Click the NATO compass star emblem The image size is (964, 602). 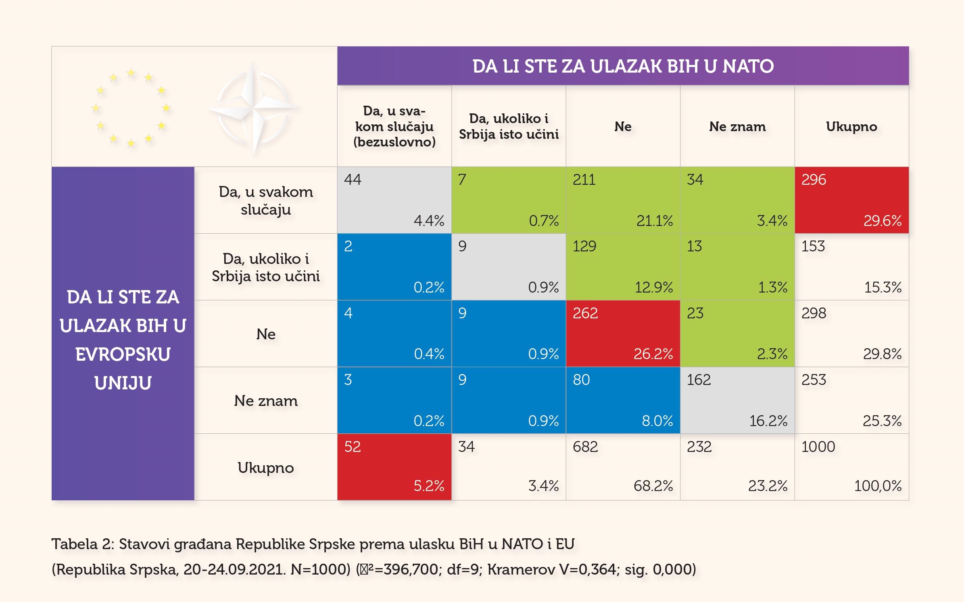tap(253, 108)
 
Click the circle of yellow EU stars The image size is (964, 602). tap(131, 108)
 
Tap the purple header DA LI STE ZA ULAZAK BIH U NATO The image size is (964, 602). tap(623, 66)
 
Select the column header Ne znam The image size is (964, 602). tap(737, 127)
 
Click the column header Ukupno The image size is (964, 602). tap(851, 127)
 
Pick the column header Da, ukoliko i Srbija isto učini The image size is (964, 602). tap(509, 126)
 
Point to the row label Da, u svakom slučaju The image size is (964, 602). tap(266, 201)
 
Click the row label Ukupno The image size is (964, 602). tap(266, 468)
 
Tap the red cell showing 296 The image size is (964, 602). tap(851, 200)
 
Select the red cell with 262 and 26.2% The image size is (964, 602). tap(623, 334)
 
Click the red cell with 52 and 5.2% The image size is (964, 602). tap(394, 467)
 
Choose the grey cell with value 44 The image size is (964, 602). tap(394, 200)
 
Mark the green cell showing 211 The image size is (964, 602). tap(623, 200)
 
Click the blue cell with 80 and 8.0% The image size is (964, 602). tap(623, 400)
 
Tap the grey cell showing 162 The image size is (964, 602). tap(737, 400)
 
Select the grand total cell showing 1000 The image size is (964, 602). tap(851, 467)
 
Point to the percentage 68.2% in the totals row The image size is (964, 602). tap(653, 486)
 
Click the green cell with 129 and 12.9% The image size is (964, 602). tap(623, 267)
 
